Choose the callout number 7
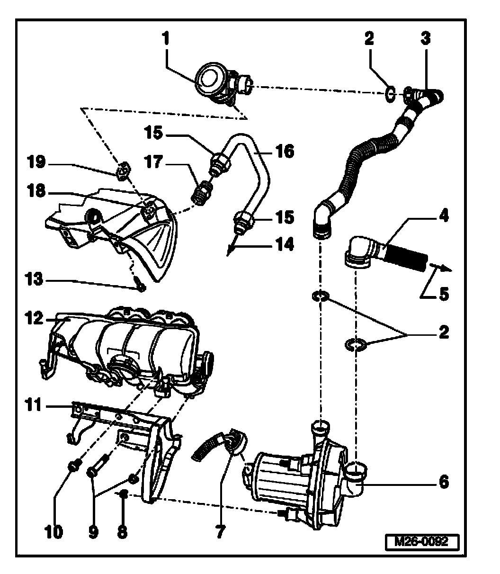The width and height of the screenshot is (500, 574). coord(220,531)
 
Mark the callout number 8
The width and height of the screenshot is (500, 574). coord(122,531)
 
